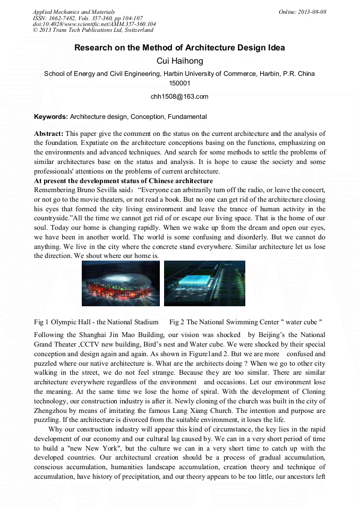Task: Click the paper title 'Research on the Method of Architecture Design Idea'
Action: pyautogui.click(x=179, y=48)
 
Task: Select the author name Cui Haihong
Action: pyautogui.click(x=179, y=61)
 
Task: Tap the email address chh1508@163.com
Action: pyautogui.click(x=179, y=97)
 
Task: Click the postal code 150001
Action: pyautogui.click(x=179, y=83)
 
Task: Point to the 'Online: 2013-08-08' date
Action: pyautogui.click(x=302, y=12)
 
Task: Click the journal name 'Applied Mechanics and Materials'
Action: pyautogui.click(x=73, y=12)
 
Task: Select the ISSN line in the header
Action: pyautogui.click(x=87, y=18)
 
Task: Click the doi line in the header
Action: pyautogui.click(x=94, y=24)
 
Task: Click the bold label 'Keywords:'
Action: pyautogui.click(x=51, y=117)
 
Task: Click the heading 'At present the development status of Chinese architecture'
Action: pyautogui.click(x=123, y=181)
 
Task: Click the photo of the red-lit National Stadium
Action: pyautogui.click(x=121, y=283)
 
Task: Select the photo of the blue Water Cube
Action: pyautogui.click(x=204, y=283)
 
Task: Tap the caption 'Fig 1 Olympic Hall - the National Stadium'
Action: pyautogui.click(x=96, y=322)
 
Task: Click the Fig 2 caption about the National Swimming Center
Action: pyautogui.click(x=246, y=322)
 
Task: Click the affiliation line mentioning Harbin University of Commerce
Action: pyautogui.click(x=179, y=74)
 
